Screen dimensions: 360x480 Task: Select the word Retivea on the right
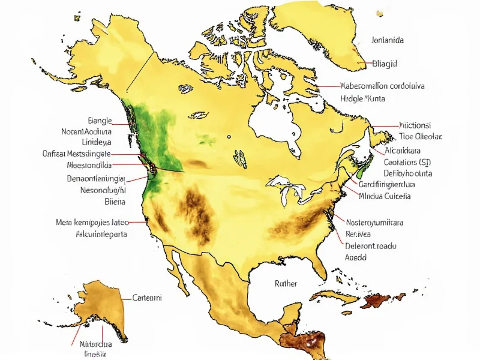[x=359, y=234]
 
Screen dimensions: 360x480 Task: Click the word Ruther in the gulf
[x=286, y=283]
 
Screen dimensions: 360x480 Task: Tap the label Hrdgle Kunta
[x=363, y=98]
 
